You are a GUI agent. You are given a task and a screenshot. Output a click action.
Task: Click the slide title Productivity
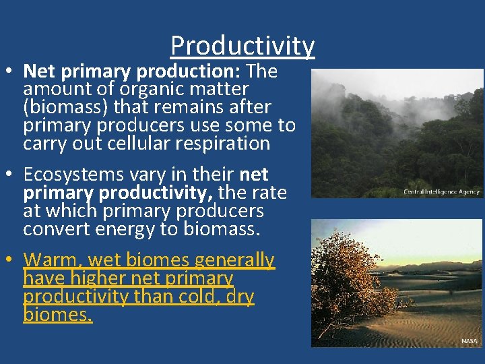pos(243,46)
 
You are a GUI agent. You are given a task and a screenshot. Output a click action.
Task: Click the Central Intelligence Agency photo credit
pos(441,191)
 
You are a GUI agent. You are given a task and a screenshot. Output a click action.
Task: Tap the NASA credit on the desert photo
pos(469,341)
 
